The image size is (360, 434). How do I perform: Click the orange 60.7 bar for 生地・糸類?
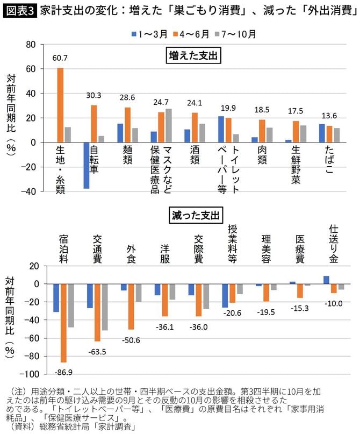click(x=60, y=105)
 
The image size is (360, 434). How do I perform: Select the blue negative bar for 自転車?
click(x=86, y=165)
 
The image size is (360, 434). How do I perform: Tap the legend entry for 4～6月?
click(x=190, y=34)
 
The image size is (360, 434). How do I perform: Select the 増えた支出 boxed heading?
click(x=195, y=55)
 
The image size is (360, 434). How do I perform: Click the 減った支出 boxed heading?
click(x=195, y=216)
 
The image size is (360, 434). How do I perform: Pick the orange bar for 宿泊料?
click(x=63, y=323)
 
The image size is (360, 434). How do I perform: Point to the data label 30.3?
click(x=93, y=95)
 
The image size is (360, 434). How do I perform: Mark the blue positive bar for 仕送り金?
click(x=326, y=280)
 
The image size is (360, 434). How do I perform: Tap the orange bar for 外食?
click(x=131, y=307)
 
